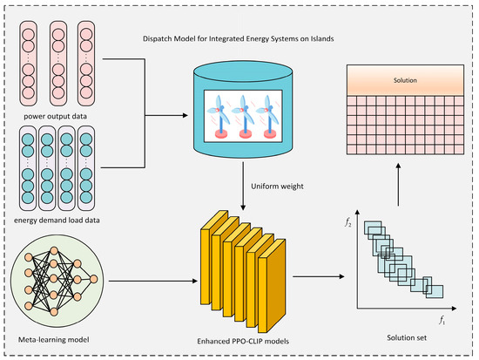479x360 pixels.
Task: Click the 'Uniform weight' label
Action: pyautogui.click(x=277, y=187)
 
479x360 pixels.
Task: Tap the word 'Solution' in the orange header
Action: pyautogui.click(x=405, y=80)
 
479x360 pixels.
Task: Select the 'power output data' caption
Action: pyautogui.click(x=55, y=117)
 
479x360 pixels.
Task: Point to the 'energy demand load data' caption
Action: pyautogui.click(x=57, y=221)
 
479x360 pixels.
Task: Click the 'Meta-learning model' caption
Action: pyautogui.click(x=54, y=339)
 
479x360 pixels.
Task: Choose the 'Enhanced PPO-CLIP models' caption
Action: pyautogui.click(x=243, y=341)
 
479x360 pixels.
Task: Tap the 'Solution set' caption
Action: pyautogui.click(x=407, y=337)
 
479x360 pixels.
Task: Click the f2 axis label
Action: pyautogui.click(x=348, y=222)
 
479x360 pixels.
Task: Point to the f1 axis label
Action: pyautogui.click(x=442, y=320)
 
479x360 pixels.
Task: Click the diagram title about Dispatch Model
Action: pyautogui.click(x=239, y=39)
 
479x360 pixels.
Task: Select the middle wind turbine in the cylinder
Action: pyautogui.click(x=244, y=117)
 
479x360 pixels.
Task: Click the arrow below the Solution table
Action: pyautogui.click(x=398, y=185)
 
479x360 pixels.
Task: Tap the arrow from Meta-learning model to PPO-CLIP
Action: pyautogui.click(x=153, y=281)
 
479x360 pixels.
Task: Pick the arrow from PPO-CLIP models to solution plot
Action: pyautogui.click(x=318, y=276)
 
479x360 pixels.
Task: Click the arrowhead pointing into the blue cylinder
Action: pyautogui.click(x=185, y=115)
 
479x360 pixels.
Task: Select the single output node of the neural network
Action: pyautogui.click(x=93, y=279)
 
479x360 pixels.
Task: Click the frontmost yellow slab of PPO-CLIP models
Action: pyautogui.click(x=272, y=286)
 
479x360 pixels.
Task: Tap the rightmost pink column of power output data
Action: pyautogui.click(x=86, y=64)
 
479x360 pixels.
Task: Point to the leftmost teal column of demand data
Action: pyautogui.click(x=28, y=168)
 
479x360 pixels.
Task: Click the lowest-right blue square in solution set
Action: pyautogui.click(x=435, y=291)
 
